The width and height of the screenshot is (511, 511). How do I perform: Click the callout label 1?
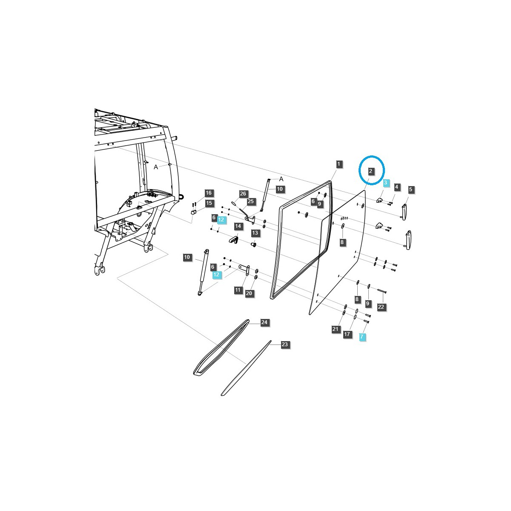tap(339, 164)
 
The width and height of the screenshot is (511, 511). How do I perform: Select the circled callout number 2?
tap(371, 171)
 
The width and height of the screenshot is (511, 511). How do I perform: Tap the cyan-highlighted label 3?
tap(385, 183)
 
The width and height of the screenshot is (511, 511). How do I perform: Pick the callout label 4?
tap(396, 187)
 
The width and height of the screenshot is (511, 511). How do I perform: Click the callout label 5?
tap(411, 189)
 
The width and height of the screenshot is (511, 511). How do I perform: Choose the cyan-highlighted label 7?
tap(362, 337)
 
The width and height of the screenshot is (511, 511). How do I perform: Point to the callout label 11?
tap(238, 290)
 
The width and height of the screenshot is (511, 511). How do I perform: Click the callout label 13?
tap(255, 233)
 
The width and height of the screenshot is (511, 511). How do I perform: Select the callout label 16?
tap(208, 193)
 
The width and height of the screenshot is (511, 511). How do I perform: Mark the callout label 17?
tap(347, 334)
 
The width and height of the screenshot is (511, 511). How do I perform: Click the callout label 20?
tap(249, 293)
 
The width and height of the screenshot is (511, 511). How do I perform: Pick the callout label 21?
tap(336, 329)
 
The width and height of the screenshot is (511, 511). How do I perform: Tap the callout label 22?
tap(381, 307)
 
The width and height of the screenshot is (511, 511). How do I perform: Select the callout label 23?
tap(284, 344)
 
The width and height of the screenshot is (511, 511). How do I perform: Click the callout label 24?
tap(264, 322)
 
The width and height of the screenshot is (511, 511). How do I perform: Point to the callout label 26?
tap(243, 194)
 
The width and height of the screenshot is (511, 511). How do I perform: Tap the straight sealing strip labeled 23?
tap(246, 369)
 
